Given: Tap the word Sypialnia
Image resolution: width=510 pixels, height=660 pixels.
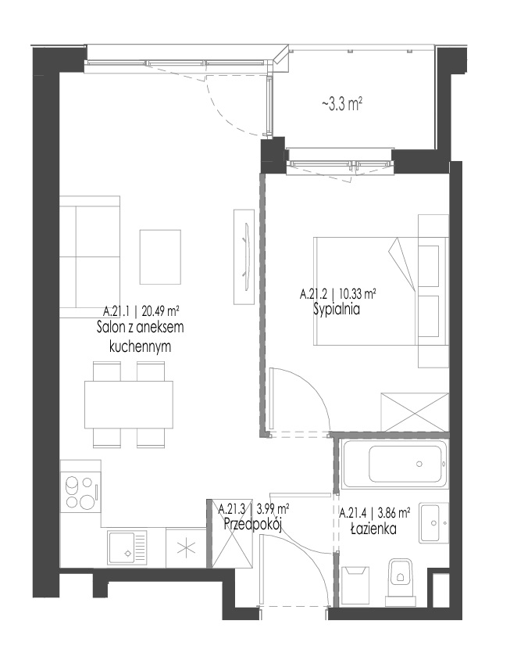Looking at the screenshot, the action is [x=337, y=310].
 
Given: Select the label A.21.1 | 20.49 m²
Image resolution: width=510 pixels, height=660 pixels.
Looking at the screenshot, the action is [x=141, y=312].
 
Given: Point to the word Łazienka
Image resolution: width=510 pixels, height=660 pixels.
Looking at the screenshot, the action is [x=374, y=529].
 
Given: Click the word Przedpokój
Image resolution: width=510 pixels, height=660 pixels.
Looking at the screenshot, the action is [x=252, y=525].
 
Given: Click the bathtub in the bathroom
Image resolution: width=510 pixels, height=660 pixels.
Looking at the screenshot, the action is [x=394, y=464].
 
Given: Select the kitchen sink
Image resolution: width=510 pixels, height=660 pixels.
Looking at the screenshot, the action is [x=127, y=547].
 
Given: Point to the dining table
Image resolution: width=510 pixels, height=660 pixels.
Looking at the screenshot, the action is [x=129, y=404].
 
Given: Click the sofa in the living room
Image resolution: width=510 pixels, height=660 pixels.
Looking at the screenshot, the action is [x=90, y=256].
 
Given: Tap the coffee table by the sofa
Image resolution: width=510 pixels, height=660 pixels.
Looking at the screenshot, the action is [x=160, y=256].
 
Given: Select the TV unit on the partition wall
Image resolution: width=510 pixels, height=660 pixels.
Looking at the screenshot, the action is [x=244, y=256].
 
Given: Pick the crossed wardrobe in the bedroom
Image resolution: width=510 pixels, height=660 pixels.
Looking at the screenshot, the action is [x=415, y=412].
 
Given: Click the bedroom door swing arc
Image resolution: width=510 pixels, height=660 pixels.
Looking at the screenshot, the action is [x=313, y=384].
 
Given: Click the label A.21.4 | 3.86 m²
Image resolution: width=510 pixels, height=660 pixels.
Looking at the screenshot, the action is [x=375, y=513].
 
